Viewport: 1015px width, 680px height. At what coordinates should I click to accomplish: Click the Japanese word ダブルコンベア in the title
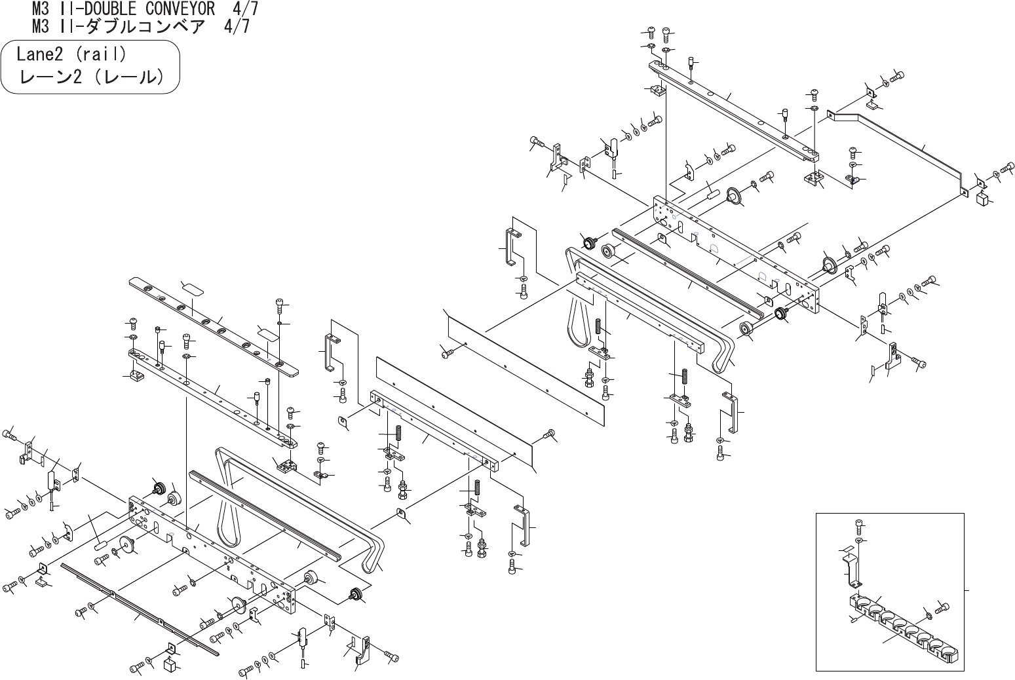click(x=144, y=27)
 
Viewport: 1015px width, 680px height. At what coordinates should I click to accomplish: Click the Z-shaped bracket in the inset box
click(x=852, y=571)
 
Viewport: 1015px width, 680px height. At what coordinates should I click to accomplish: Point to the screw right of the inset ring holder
click(x=942, y=608)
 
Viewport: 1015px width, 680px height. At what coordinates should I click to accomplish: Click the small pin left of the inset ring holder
click(x=853, y=618)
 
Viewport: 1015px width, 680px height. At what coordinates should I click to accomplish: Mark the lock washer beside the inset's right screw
click(x=929, y=614)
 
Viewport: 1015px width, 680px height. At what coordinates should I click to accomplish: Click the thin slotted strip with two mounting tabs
click(x=138, y=607)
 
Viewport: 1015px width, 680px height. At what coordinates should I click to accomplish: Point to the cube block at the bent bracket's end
click(x=982, y=199)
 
